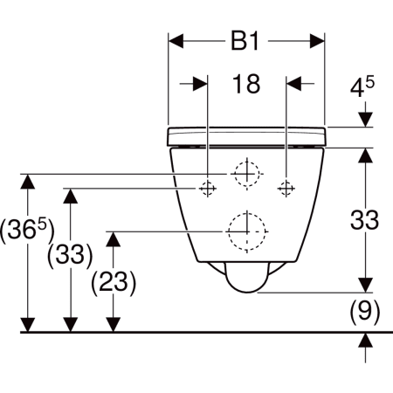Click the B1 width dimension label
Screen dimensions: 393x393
point(245,41)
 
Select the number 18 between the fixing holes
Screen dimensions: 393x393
point(246,84)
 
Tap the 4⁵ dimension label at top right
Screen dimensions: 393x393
point(362,86)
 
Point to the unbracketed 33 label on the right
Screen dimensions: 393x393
point(364,220)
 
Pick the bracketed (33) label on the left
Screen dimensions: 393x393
point(70,254)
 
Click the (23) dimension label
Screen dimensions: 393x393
point(114,282)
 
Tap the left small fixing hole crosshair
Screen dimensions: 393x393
point(207,189)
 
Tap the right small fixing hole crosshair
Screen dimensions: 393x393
point(286,189)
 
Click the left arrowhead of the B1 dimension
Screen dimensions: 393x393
point(176,41)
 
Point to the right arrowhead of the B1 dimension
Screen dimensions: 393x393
point(317,41)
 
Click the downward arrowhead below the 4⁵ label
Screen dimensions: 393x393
point(365,120)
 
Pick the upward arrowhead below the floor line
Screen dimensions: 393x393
point(366,340)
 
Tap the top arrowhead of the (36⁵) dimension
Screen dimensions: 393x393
point(28,182)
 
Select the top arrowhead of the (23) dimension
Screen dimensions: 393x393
point(114,239)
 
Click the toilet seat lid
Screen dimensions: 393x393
point(246,136)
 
